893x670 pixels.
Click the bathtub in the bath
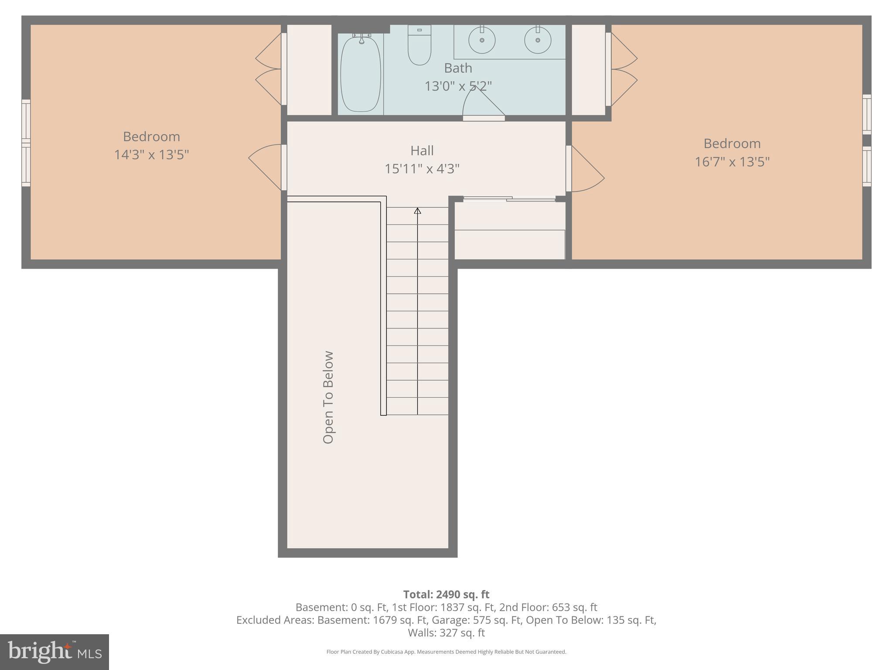[360, 74]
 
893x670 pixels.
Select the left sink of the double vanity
[482, 40]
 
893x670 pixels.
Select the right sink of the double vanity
[538, 40]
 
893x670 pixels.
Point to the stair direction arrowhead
[418, 211]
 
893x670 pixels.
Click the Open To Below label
[328, 397]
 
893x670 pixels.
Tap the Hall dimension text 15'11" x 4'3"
[422, 169]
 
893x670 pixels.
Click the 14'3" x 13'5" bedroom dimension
[151, 155]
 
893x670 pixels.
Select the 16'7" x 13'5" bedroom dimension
[732, 162]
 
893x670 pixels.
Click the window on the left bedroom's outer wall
[26, 143]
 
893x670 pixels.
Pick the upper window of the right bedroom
[867, 114]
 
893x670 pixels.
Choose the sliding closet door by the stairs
[509, 199]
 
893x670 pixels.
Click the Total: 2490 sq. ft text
[446, 595]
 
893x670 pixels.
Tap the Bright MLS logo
[55, 652]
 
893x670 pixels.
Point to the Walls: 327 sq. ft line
[446, 632]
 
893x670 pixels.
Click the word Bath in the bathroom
[458, 68]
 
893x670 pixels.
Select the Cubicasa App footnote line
[446, 652]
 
